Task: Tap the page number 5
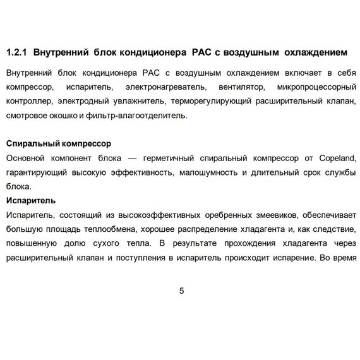point(182,291)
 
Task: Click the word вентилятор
point(243,87)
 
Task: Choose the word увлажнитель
point(139,101)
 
